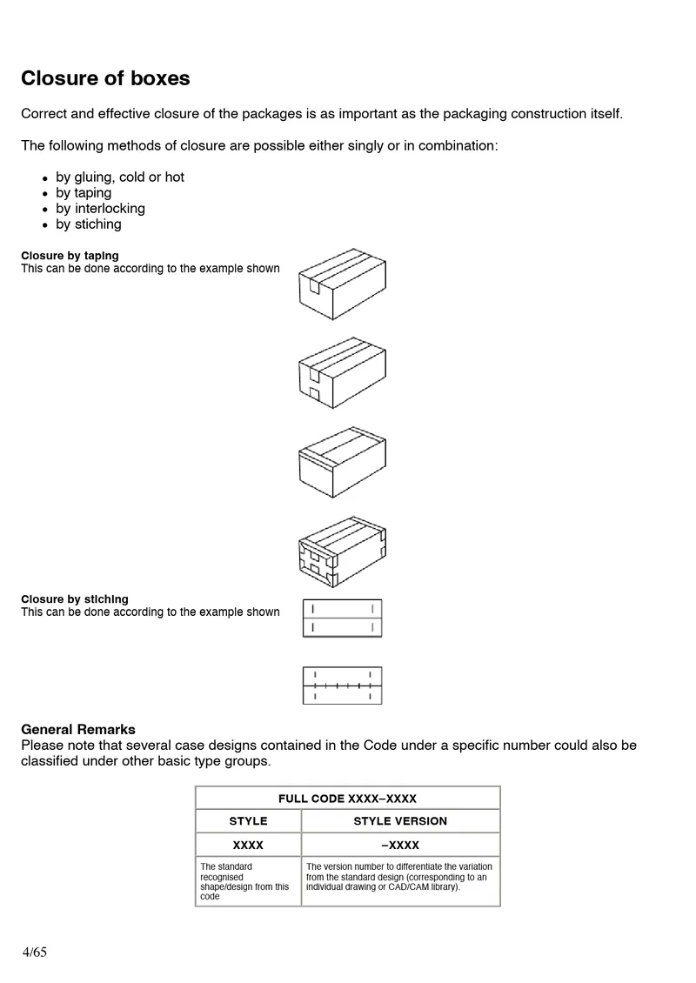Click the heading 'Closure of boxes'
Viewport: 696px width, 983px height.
point(105,78)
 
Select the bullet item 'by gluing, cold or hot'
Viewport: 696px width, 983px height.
point(120,177)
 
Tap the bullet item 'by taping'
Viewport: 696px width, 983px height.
point(84,192)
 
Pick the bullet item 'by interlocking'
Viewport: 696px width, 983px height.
point(100,208)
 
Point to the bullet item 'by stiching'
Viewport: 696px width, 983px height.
point(89,224)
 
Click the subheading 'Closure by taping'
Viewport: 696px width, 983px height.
point(70,256)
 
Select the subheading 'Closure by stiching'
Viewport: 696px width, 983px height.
point(74,598)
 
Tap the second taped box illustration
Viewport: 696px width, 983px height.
point(342,373)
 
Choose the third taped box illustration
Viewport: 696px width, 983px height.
point(342,462)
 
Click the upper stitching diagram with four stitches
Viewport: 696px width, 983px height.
point(342,618)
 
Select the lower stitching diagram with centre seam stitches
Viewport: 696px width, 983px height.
point(342,685)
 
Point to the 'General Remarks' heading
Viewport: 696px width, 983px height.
point(78,729)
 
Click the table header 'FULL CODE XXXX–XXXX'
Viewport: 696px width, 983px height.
point(347,798)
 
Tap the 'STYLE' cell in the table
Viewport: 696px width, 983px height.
point(248,821)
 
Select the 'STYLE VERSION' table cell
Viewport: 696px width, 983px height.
point(400,821)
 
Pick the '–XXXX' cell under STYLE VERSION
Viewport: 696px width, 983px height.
point(400,845)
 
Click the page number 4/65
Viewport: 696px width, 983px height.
point(35,952)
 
